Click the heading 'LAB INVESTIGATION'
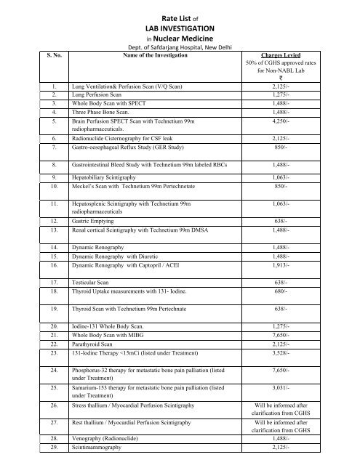(x=180, y=25)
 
